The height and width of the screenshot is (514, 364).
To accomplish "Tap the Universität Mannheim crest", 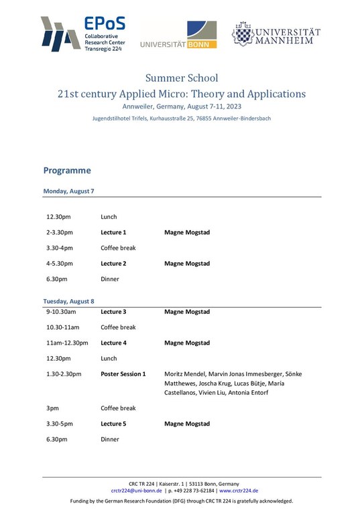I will point(242,33).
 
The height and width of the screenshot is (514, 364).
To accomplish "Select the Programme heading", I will point(67,171).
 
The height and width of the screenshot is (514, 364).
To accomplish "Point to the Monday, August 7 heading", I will point(68,191).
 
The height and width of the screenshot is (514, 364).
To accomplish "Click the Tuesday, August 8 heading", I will point(69,301).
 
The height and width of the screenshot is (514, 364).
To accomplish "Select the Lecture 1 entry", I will point(113,232).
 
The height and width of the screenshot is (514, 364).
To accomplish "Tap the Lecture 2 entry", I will point(113,264).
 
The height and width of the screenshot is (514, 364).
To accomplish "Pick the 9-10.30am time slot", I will point(61,312).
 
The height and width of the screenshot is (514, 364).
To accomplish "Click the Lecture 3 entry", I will point(113,312).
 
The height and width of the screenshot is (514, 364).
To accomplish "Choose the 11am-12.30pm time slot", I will point(67,343).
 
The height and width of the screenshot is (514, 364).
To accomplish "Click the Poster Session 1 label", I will point(123,373).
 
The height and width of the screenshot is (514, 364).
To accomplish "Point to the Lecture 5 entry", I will point(113,424).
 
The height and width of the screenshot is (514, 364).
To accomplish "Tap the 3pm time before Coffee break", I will point(53,408).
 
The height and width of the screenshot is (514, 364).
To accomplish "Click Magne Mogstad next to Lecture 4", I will point(187,343).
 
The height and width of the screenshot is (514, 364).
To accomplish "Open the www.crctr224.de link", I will point(239,491).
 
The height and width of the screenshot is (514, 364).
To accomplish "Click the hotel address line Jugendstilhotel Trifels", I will point(182,118).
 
